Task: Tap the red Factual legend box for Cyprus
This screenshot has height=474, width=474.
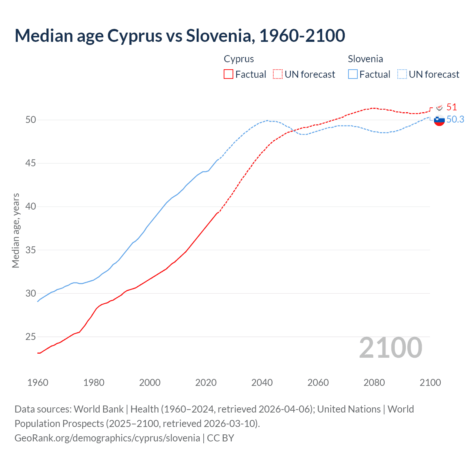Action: point(228,74)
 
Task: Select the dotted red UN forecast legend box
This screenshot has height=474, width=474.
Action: point(278,74)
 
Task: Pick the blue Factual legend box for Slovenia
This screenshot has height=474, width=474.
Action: point(353,74)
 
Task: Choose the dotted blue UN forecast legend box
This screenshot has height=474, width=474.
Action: point(402,74)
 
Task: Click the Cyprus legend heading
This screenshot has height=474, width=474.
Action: point(239,59)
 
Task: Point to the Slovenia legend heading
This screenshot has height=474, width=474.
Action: point(365,59)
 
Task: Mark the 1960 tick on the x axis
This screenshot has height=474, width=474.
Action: point(38,383)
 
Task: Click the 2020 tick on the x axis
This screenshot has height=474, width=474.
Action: point(206,383)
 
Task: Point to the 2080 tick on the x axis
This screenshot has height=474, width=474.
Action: point(374,383)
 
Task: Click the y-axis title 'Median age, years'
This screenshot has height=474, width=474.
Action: point(16,230)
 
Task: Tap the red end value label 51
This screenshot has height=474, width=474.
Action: point(451,107)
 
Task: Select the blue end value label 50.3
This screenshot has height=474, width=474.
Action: point(455,119)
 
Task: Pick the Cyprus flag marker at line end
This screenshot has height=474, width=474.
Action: point(439,107)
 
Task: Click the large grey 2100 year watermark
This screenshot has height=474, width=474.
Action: point(390,347)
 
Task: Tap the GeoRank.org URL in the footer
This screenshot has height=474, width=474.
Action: point(107,438)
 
